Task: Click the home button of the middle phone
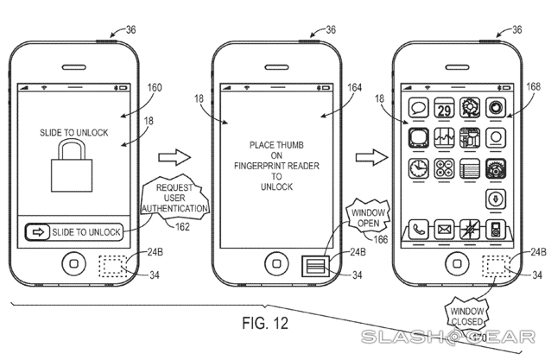[275, 262]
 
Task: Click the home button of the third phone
[457, 262]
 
